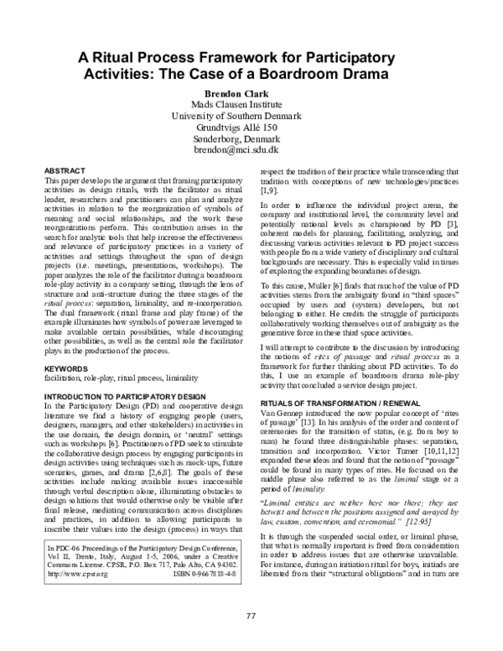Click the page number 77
point(251,617)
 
